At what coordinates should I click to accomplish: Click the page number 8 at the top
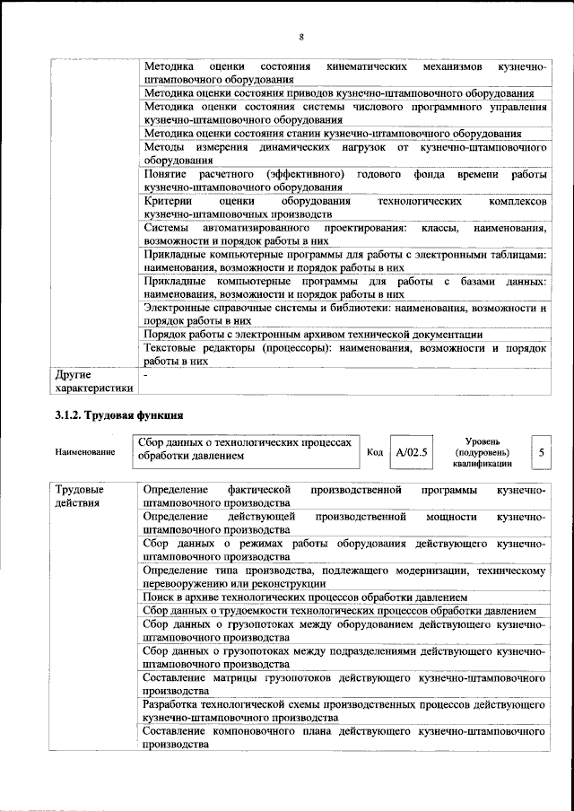click(x=301, y=37)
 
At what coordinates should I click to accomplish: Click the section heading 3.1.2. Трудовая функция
click(x=119, y=415)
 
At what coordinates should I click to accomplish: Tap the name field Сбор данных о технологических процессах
click(x=243, y=450)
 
